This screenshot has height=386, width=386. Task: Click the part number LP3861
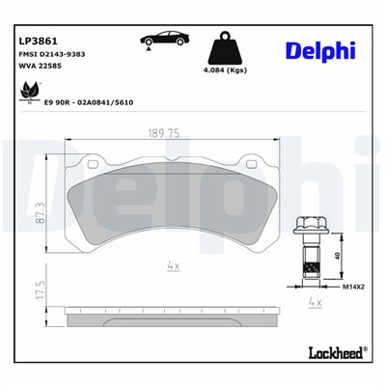pos(37,41)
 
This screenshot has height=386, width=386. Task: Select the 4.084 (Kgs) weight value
pos(224,69)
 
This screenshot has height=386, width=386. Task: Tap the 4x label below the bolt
pos(312,301)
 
